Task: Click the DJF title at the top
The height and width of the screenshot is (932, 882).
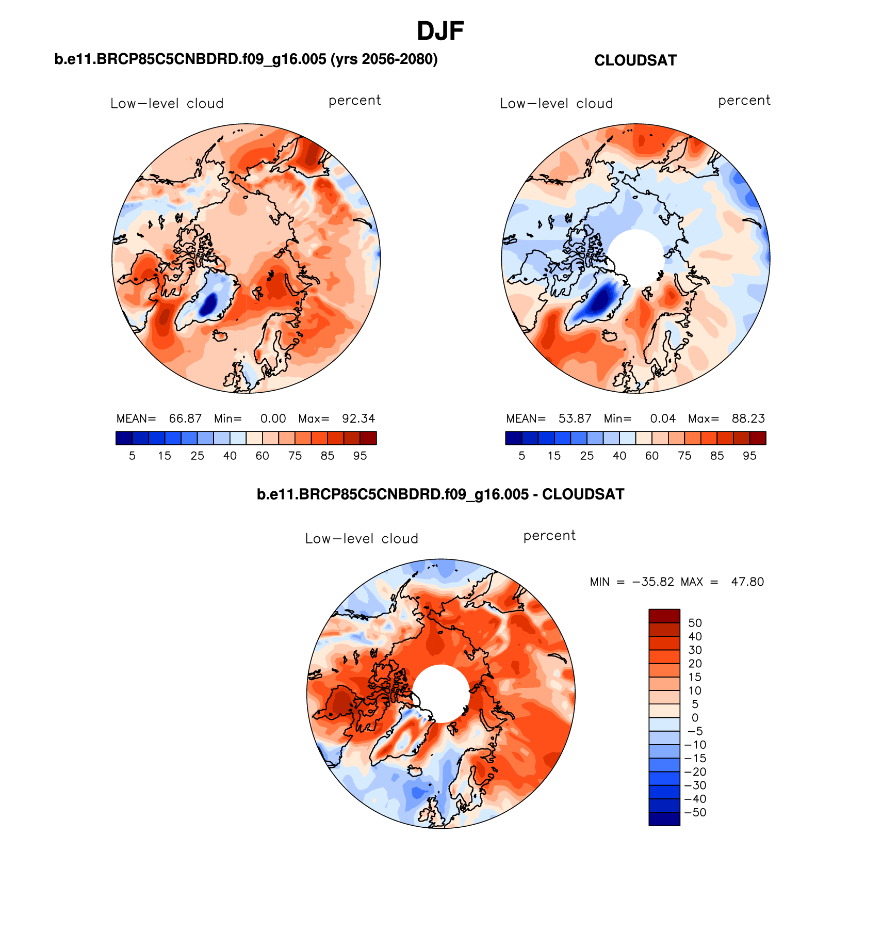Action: click(440, 31)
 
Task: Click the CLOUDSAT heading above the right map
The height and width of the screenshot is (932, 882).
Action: click(635, 60)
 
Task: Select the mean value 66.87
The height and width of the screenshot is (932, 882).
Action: click(185, 419)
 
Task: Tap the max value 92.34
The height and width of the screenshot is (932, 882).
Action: click(358, 419)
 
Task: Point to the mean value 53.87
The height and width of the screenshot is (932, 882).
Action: click(575, 419)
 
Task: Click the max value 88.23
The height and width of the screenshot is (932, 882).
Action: click(748, 419)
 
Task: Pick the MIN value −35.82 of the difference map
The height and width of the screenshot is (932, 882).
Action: click(653, 582)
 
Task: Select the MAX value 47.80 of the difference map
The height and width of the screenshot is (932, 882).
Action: click(747, 582)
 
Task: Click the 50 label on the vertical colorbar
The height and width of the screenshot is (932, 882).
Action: click(695, 623)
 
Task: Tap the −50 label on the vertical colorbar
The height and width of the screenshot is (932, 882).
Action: click(695, 812)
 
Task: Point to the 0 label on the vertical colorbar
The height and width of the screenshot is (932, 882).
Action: click(695, 718)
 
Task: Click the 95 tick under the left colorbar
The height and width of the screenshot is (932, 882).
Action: click(360, 456)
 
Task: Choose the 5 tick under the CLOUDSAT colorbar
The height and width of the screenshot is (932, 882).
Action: click(522, 456)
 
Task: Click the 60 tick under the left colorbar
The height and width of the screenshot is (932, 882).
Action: click(263, 456)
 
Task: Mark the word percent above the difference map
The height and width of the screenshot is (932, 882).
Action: click(549, 536)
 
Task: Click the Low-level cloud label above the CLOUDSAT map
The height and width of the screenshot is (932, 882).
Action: click(557, 103)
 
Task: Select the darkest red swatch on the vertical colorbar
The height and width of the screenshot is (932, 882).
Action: click(664, 616)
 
